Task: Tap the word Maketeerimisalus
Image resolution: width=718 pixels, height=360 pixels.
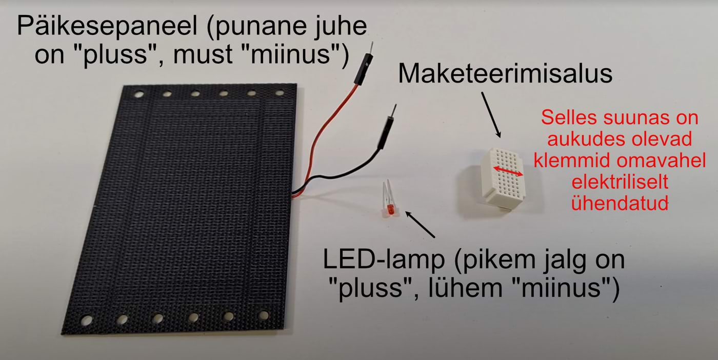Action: pyautogui.click(x=505, y=74)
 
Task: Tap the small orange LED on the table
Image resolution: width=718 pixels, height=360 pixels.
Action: pyautogui.click(x=390, y=209)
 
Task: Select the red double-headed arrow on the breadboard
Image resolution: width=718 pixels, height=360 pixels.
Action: pyautogui.click(x=508, y=171)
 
